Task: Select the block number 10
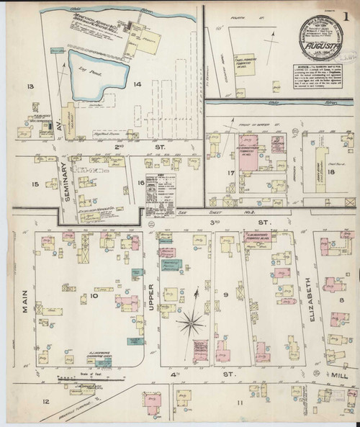[93, 294]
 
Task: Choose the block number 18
[332, 173]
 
